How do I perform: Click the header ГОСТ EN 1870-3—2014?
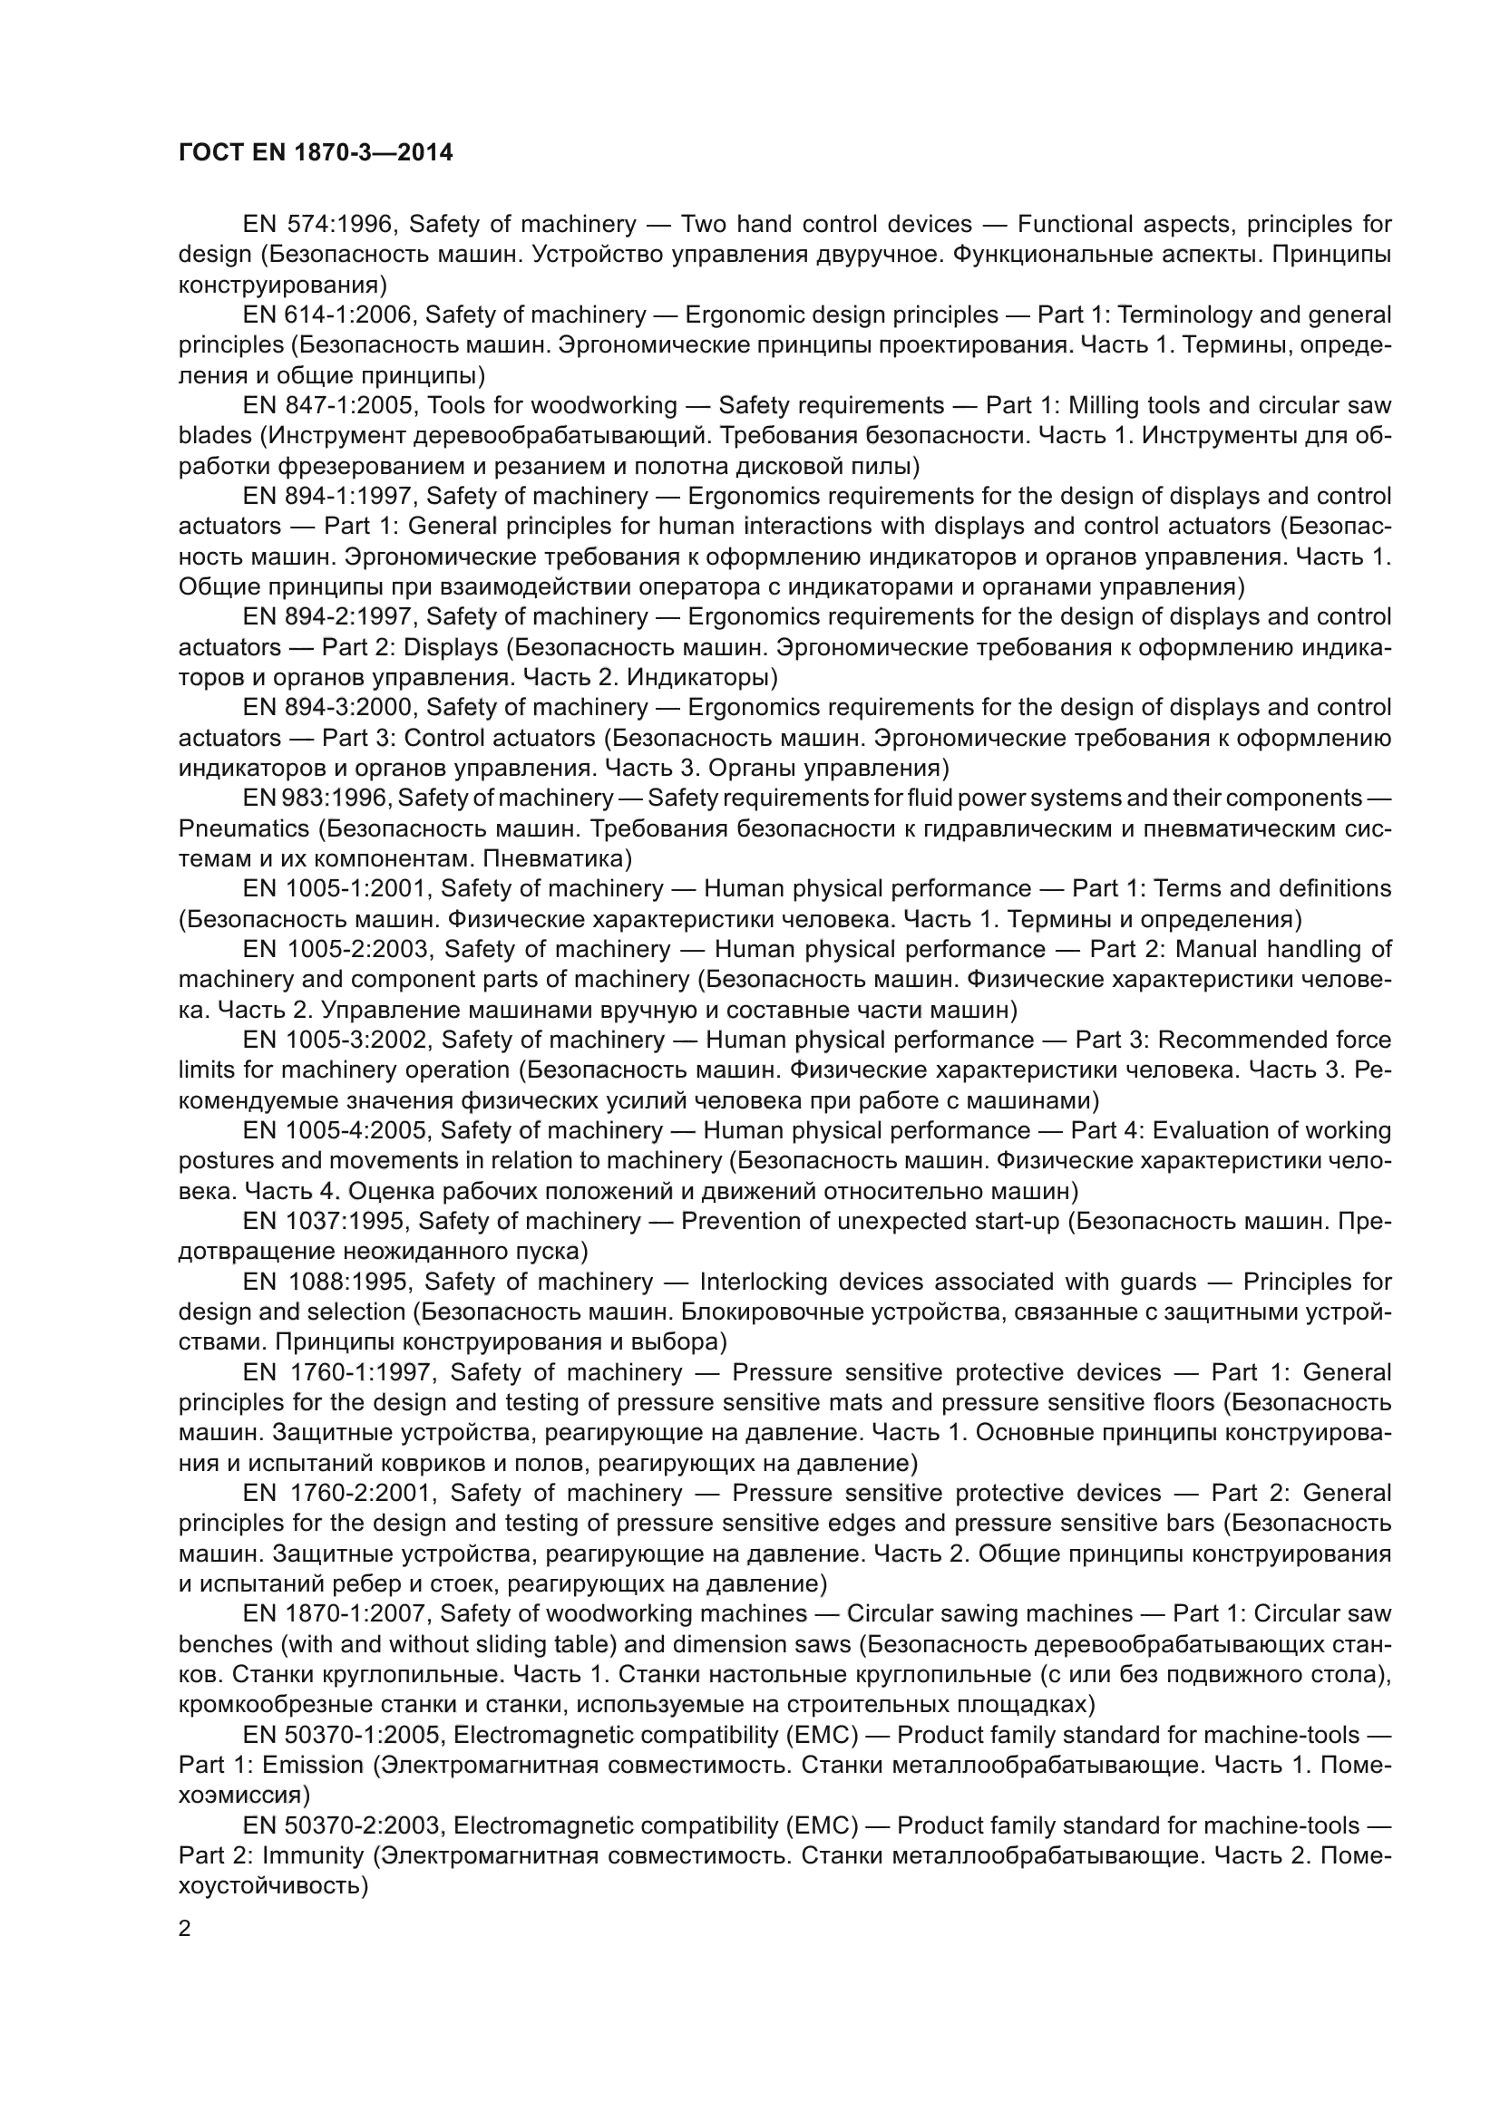(x=315, y=153)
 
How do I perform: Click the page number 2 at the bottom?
(x=185, y=1929)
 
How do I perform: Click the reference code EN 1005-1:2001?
(x=338, y=889)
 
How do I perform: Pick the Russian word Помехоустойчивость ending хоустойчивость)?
(x=273, y=1885)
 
